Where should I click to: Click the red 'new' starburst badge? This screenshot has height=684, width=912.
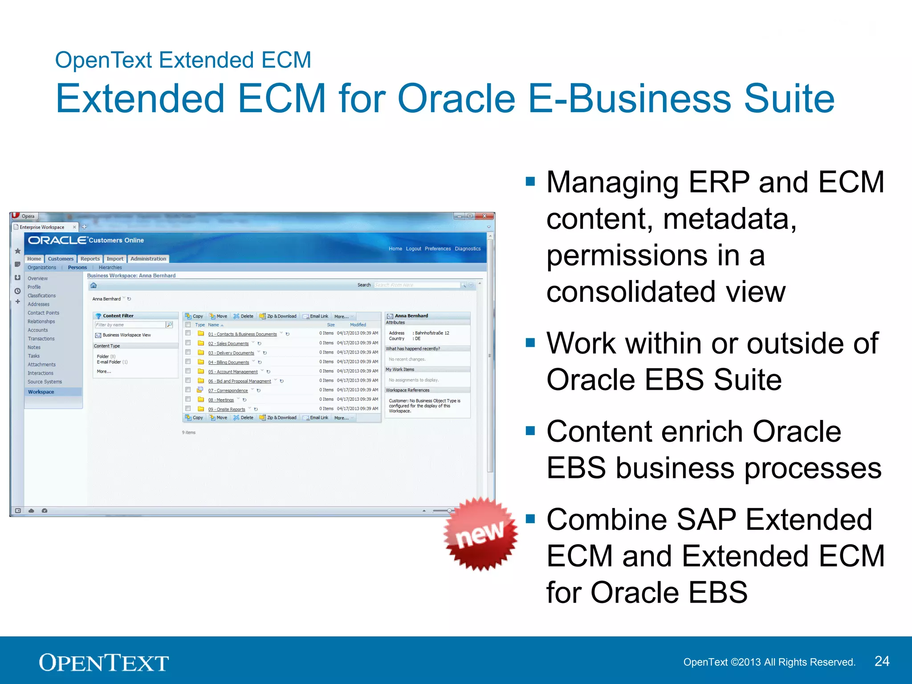click(x=480, y=534)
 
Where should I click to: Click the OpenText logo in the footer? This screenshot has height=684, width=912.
click(x=103, y=662)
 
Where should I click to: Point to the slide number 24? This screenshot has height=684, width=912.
click(x=882, y=661)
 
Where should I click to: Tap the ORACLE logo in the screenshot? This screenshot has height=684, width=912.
click(x=57, y=240)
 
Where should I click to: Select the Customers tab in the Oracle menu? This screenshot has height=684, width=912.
click(x=61, y=259)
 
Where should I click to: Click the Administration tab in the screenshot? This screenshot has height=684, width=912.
click(x=148, y=259)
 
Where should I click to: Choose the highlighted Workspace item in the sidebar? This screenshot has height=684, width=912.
click(x=41, y=392)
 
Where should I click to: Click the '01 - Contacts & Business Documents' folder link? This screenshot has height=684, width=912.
click(x=242, y=334)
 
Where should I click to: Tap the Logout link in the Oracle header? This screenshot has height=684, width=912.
click(x=413, y=249)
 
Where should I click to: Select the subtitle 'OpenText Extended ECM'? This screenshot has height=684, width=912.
click(x=183, y=60)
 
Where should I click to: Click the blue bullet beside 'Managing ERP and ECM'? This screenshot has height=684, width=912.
click(x=530, y=181)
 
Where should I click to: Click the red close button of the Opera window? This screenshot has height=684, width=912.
click(x=484, y=216)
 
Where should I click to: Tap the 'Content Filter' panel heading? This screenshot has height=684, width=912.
click(x=118, y=316)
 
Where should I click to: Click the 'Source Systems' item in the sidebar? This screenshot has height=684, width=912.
click(x=45, y=382)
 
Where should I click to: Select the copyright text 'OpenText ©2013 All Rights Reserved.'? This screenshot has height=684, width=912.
click(x=769, y=662)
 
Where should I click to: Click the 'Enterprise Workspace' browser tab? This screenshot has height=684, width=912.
click(x=42, y=227)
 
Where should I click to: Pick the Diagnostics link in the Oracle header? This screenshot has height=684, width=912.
click(x=468, y=249)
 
